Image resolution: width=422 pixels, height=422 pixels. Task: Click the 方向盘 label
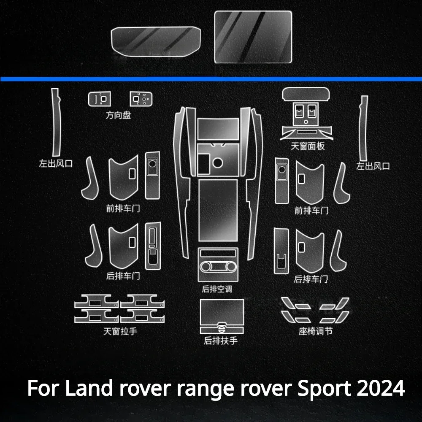pos(118,115)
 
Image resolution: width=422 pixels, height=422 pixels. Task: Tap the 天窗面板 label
pos(308,146)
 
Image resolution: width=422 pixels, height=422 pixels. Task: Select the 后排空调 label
pos(217,289)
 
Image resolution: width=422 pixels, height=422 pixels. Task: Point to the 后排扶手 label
pos(221,341)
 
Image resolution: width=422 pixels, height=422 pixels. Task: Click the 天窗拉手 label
pos(120,331)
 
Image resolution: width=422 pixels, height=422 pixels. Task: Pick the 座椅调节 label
pos(315,331)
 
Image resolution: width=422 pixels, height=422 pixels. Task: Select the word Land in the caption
pos(89,388)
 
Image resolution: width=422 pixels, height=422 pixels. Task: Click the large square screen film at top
pos(253,37)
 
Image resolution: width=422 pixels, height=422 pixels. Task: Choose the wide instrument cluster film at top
pos(156,41)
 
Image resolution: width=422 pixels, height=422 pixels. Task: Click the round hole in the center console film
pos(217,162)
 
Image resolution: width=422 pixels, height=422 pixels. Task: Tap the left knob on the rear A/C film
pos(206,266)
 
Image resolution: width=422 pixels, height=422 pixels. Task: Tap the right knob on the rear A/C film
pos(231,266)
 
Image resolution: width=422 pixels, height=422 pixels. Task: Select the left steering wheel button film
pos(99,99)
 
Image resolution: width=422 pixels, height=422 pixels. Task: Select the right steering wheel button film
pos(141,99)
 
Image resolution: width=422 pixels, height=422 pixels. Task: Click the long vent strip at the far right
pos(363,128)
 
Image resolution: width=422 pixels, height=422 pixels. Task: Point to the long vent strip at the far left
pos(56,122)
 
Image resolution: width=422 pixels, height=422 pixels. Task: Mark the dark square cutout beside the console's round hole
pos(203,164)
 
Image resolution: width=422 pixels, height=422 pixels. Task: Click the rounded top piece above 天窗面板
pos(306,94)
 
